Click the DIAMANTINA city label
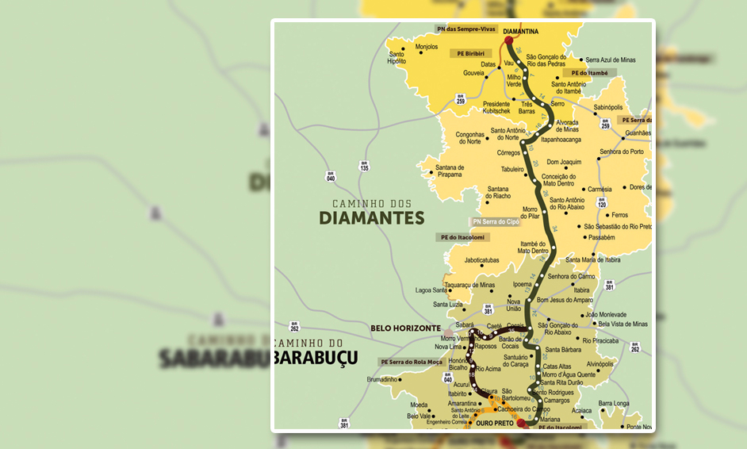click(x=521, y=32)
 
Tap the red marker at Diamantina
click(x=508, y=40)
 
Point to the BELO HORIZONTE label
click(x=405, y=328)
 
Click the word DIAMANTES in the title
click(x=372, y=218)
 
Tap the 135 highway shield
click(x=364, y=167)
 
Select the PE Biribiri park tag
click(x=467, y=54)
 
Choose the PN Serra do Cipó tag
click(x=496, y=222)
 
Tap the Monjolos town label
click(x=426, y=48)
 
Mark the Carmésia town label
click(x=600, y=190)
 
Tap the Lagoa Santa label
click(x=431, y=290)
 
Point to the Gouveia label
click(x=473, y=73)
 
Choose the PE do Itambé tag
click(x=590, y=73)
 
